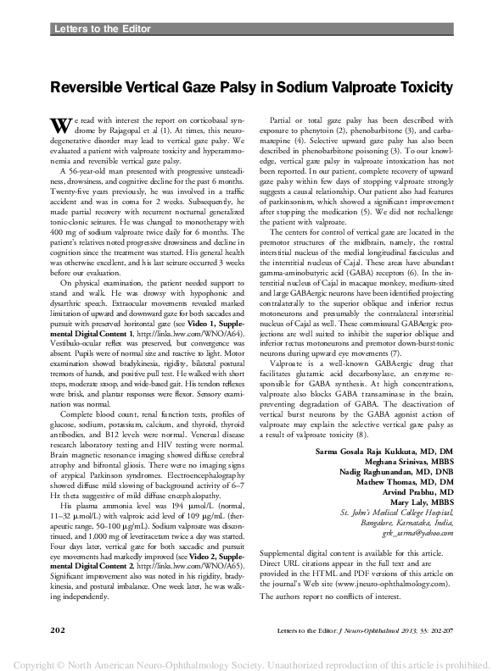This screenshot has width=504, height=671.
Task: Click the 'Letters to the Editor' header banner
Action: [102, 30]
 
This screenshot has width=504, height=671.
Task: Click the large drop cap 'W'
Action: [59, 125]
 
